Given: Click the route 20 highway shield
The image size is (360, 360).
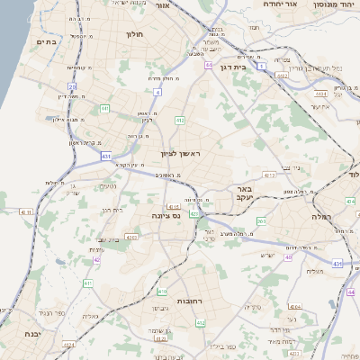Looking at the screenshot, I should point(71,86).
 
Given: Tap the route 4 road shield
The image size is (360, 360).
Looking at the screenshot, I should point(157,92).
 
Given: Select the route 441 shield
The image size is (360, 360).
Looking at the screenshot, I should point(105,108).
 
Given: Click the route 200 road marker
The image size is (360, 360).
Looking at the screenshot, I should point(261,220).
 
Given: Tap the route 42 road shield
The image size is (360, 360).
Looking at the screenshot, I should point(96,260).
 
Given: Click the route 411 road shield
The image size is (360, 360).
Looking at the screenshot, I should point(87,283).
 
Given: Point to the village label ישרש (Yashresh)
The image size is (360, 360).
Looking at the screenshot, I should point(266,256).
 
